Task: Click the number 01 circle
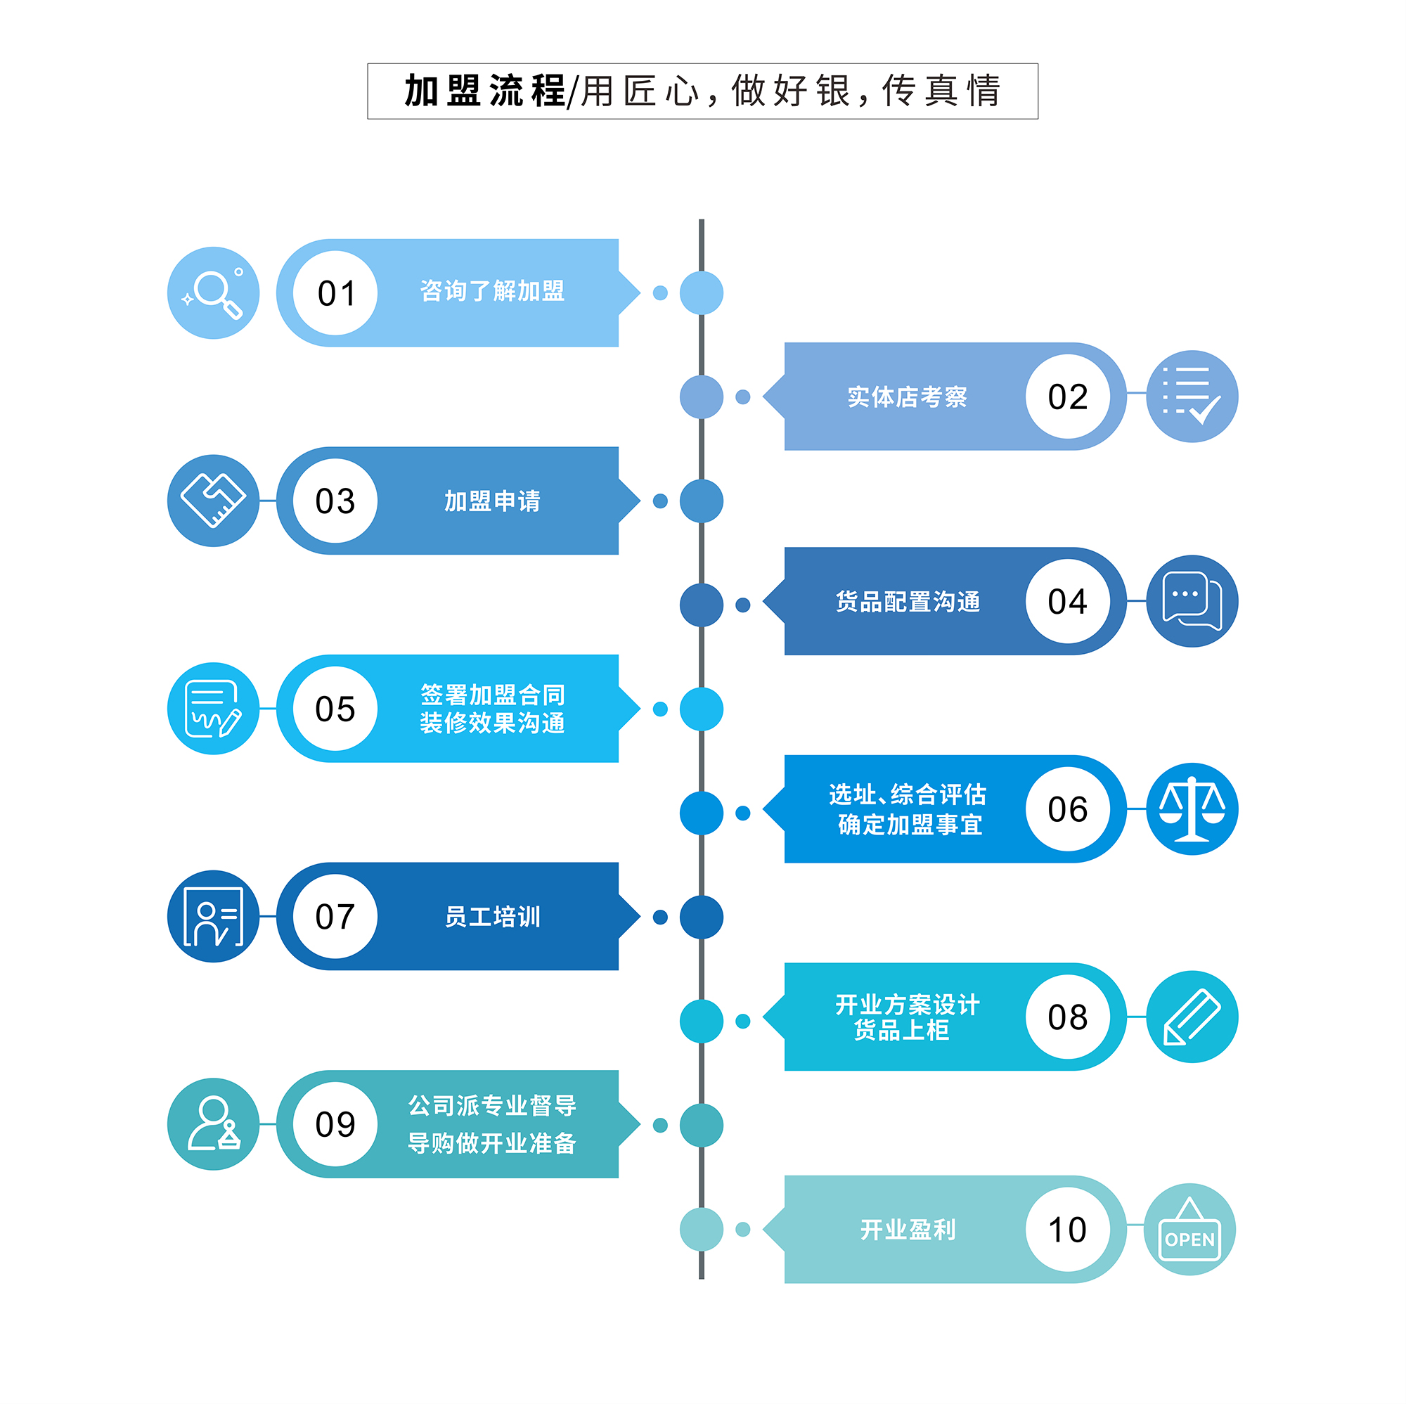pyautogui.click(x=335, y=293)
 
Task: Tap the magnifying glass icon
pyautogui.click(x=213, y=293)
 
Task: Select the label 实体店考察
pyautogui.click(x=907, y=397)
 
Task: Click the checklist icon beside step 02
pyautogui.click(x=1192, y=397)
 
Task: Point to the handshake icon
pyautogui.click(x=213, y=501)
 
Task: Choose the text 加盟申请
pyautogui.click(x=492, y=501)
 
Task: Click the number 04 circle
pyautogui.click(x=1067, y=601)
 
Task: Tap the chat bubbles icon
pyautogui.click(x=1192, y=601)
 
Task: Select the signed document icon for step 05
pyautogui.click(x=213, y=708)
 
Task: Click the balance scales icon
pyautogui.click(x=1192, y=809)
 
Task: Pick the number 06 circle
pyautogui.click(x=1067, y=809)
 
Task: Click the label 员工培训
pyautogui.click(x=492, y=916)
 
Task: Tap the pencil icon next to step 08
pyautogui.click(x=1192, y=1017)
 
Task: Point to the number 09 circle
pyautogui.click(x=335, y=1123)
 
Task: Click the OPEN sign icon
pyautogui.click(x=1189, y=1230)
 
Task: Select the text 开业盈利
pyautogui.click(x=907, y=1230)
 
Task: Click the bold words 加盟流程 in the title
pyautogui.click(x=484, y=91)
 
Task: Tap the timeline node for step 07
pyautogui.click(x=702, y=917)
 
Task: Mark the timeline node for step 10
pyautogui.click(x=702, y=1230)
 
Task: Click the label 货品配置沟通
pyautogui.click(x=907, y=602)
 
